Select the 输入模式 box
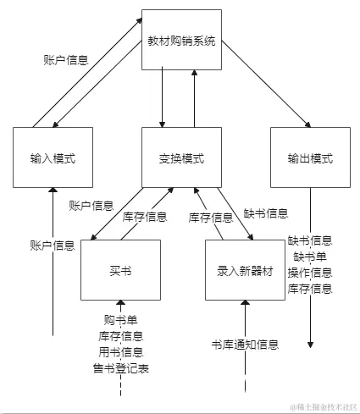[53, 157]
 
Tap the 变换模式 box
[181, 157]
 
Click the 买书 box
[120, 270]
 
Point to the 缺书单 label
[310, 257]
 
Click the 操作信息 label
[310, 273]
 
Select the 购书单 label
[120, 320]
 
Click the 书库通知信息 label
[245, 345]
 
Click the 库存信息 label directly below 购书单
[120, 336]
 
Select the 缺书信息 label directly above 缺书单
[310, 240]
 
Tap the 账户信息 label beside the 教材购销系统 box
[66, 60]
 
